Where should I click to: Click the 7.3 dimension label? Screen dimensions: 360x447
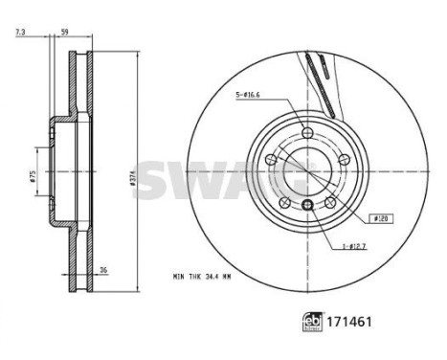click(x=20, y=33)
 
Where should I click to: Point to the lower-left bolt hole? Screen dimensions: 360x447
click(x=284, y=202)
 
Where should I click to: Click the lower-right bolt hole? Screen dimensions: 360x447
click(x=328, y=202)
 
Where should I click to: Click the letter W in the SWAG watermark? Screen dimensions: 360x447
click(x=193, y=179)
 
